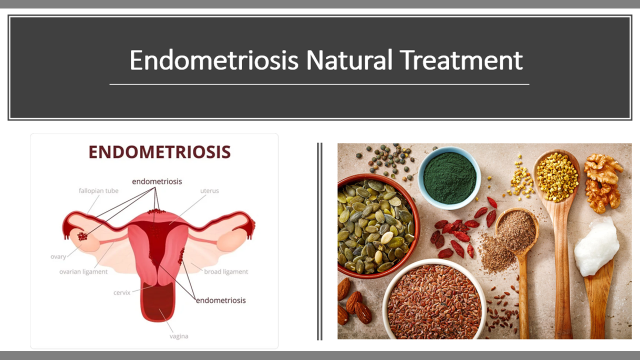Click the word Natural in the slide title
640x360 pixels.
coord(349,60)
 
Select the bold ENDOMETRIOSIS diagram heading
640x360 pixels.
coord(159,151)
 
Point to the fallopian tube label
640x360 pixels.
coord(98,190)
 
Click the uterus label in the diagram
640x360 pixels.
coord(209,190)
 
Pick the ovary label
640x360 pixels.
coord(58,256)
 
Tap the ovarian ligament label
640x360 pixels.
coord(83,271)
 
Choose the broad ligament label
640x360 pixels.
coord(226,271)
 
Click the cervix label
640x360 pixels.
coord(121,292)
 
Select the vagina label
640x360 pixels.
coord(179,336)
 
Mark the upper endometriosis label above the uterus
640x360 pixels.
coord(157,181)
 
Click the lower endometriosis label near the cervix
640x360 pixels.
coord(221,300)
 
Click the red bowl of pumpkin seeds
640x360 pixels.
coord(376,225)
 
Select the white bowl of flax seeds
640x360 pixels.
coord(434,299)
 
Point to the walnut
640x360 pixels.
coord(603,183)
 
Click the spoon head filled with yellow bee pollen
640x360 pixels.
coord(557,177)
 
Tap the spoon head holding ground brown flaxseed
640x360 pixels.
coord(517,230)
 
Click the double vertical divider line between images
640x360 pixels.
coord(319,241)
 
